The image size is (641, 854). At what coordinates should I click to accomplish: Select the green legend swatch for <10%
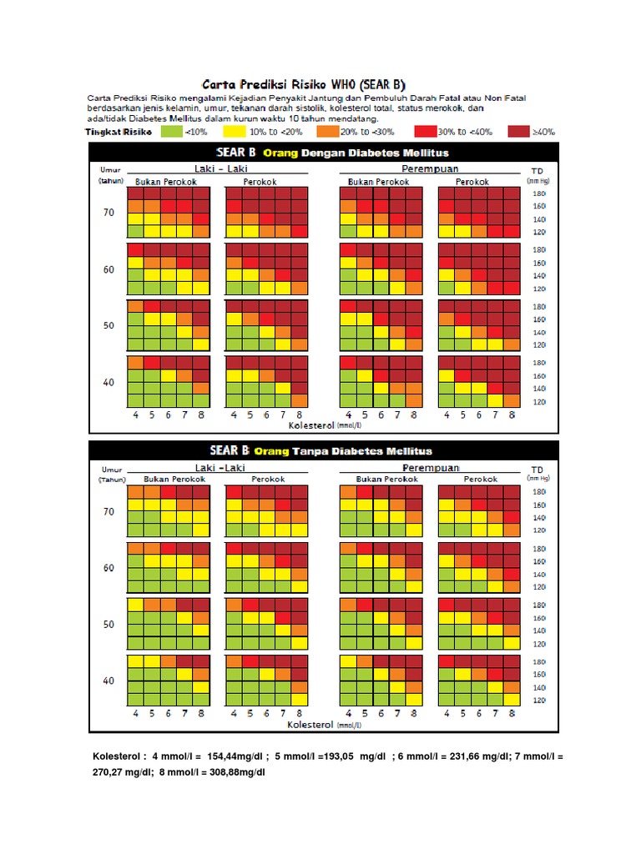pyautogui.click(x=171, y=131)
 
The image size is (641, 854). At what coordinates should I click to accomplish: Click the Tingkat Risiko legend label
pyautogui.click(x=119, y=131)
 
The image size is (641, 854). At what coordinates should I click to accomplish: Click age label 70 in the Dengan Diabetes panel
pyautogui.click(x=109, y=213)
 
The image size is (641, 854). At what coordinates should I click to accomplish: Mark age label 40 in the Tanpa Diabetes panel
pyautogui.click(x=109, y=681)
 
